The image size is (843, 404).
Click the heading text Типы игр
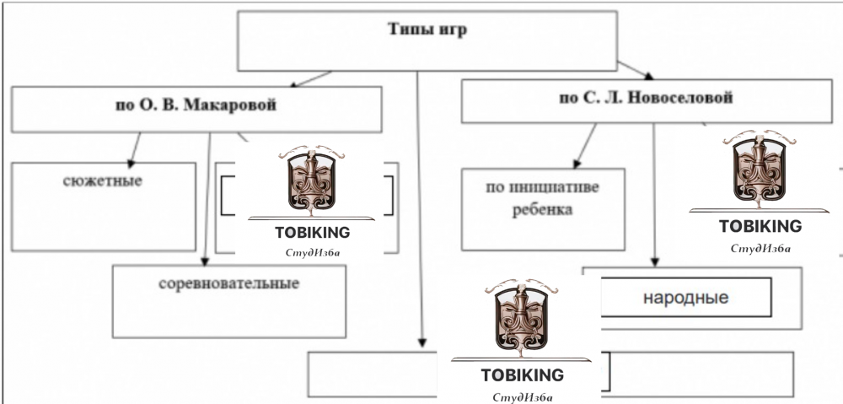pos(427,30)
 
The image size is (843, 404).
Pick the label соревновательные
pos(228,283)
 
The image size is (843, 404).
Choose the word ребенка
pos(542,208)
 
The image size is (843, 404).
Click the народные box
pos(685,298)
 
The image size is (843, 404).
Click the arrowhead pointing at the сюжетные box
pos(132,161)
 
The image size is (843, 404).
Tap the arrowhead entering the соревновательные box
pos(205,260)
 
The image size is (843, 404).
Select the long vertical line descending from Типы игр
pos(418,211)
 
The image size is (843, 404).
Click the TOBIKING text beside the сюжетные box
pos(312,233)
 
